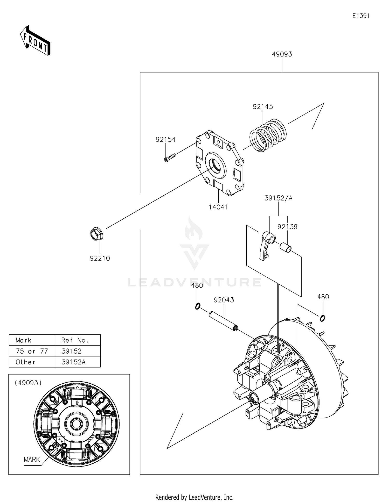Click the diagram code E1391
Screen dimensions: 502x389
[361, 16]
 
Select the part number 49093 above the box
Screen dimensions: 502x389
[282, 54]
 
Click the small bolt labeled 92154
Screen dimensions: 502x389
[170, 157]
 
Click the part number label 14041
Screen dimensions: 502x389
[218, 207]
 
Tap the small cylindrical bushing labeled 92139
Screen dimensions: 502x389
[285, 247]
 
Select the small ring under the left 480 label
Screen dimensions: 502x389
[198, 306]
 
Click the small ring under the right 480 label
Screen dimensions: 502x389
[322, 318]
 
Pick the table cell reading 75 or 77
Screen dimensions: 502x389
[32, 351]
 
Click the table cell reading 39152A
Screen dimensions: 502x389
[73, 362]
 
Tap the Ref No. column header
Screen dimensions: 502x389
[75, 340]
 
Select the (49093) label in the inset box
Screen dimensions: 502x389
[28, 383]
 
